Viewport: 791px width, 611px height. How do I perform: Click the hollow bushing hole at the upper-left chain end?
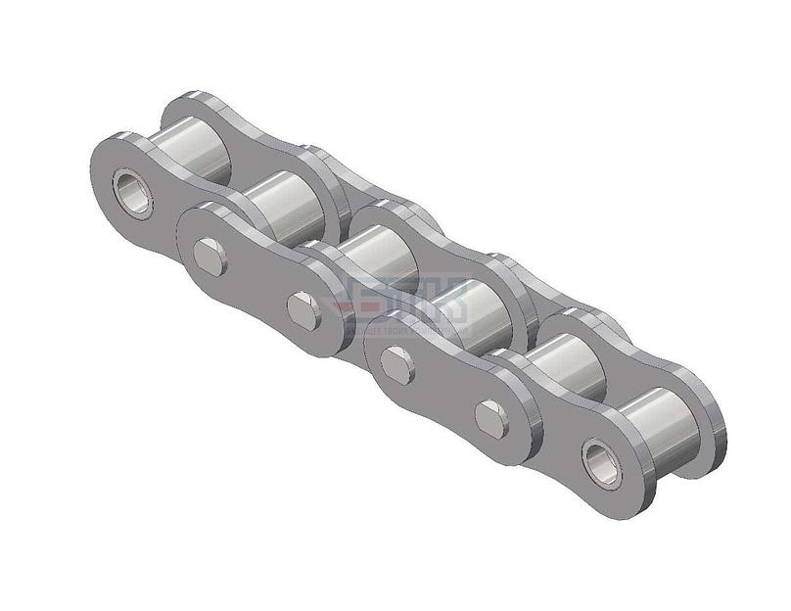pyautogui.click(x=132, y=193)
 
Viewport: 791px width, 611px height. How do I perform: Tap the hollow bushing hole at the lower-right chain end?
pyautogui.click(x=600, y=462)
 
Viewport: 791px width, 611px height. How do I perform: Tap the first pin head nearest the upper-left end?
pyautogui.click(x=209, y=257)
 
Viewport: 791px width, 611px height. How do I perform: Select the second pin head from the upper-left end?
pyautogui.click(x=302, y=310)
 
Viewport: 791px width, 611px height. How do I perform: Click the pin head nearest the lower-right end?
pyautogui.click(x=490, y=419)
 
